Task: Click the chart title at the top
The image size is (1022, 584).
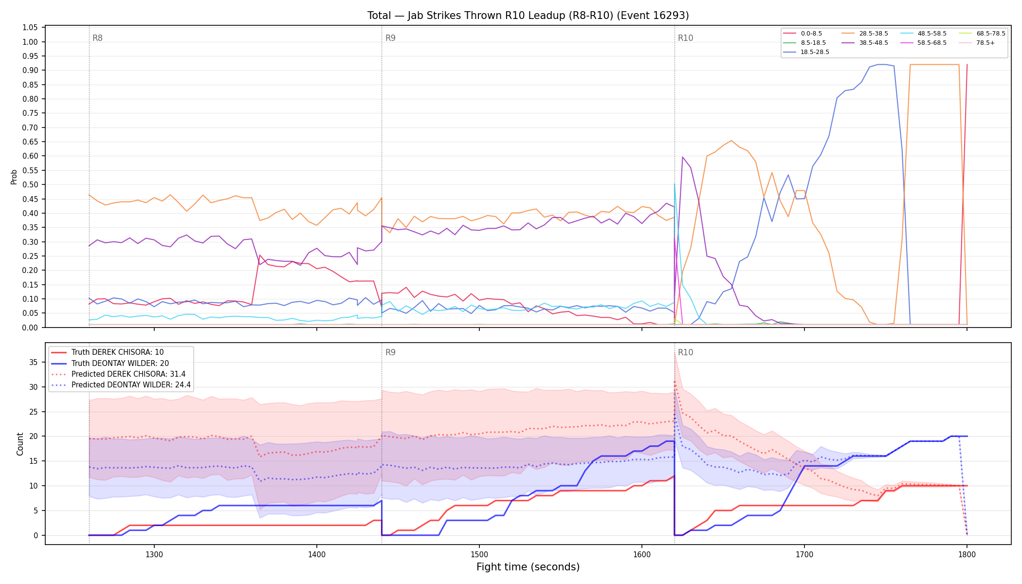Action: pos(528,16)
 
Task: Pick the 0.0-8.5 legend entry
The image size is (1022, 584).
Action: pos(803,34)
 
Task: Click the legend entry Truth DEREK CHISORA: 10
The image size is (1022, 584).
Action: pos(108,352)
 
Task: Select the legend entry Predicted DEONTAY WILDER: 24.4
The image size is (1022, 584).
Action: pos(121,385)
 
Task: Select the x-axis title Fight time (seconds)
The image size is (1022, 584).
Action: pos(528,567)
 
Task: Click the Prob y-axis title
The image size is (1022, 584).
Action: pos(14,177)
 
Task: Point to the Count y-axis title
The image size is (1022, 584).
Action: pos(20,444)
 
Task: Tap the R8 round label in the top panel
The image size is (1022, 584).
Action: pos(97,38)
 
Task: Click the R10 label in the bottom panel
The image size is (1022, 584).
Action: pos(685,352)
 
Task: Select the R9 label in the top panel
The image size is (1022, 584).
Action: pos(390,38)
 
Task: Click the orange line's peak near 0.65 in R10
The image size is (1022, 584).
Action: pos(731,141)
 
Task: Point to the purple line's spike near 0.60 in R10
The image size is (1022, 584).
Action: pos(683,157)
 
